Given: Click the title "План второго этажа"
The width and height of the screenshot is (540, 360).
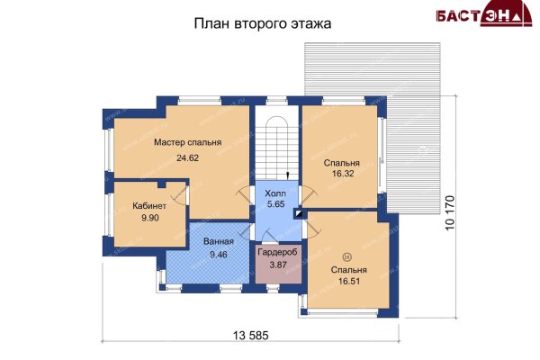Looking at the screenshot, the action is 263,23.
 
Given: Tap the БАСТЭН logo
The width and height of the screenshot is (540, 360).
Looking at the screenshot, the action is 484,13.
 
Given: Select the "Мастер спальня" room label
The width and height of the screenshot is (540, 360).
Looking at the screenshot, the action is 188,142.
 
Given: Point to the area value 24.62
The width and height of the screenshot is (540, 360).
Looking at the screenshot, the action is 188,158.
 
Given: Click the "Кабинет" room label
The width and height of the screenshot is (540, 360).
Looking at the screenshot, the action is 149,206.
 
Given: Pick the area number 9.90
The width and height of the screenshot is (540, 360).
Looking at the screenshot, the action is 149,218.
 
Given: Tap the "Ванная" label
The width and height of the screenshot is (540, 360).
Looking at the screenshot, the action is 219,241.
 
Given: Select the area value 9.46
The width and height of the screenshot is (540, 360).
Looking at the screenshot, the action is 219,255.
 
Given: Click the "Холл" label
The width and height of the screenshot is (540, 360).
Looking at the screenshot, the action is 275,193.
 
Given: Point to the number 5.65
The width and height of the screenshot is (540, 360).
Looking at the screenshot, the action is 276,204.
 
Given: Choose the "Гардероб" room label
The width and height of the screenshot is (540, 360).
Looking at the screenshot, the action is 277,253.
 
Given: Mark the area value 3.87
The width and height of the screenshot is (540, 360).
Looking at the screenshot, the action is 278,265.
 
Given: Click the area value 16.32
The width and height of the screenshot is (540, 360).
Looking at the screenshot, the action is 343,174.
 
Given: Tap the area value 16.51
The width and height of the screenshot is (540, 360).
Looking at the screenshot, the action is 349,281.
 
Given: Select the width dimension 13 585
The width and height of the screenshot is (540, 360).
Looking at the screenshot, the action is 250,335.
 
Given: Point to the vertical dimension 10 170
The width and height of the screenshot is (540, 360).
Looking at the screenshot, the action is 450,213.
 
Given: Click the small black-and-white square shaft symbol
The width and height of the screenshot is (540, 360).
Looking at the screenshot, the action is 299,213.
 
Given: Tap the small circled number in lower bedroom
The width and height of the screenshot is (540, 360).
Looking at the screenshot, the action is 346,256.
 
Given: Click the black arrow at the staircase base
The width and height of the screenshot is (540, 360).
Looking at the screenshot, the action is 288,175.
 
